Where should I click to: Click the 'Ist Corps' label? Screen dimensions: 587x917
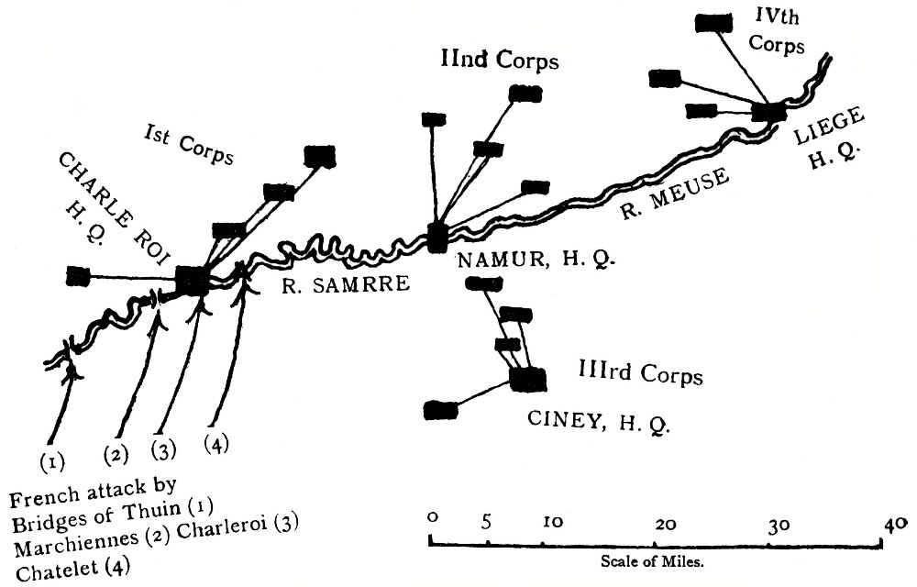[x=189, y=145]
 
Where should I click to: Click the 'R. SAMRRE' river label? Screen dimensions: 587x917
[x=344, y=285]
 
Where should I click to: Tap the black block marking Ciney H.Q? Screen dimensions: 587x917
[x=526, y=378]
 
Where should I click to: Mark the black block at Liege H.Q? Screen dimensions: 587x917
[x=768, y=112]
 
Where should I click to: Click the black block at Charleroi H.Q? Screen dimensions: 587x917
[x=193, y=280]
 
